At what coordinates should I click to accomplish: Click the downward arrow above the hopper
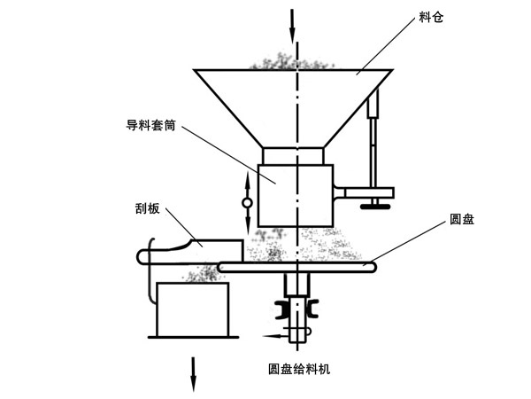click(292, 22)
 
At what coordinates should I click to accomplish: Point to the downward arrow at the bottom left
click(192, 372)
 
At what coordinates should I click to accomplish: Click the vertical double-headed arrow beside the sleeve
click(247, 202)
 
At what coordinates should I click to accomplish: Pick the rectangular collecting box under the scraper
click(192, 309)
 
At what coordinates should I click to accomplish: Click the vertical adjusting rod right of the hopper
click(372, 142)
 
